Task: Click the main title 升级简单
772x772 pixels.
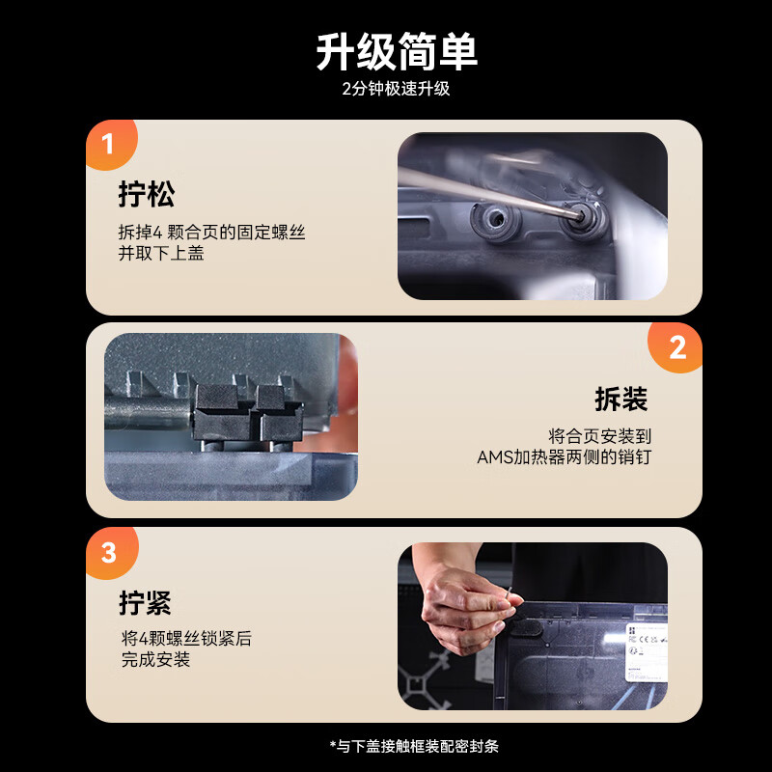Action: (397, 52)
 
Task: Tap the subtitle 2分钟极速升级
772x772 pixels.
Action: (396, 89)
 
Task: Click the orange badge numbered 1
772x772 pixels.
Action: (110, 144)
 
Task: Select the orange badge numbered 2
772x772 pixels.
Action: (676, 347)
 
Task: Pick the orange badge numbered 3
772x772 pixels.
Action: (111, 552)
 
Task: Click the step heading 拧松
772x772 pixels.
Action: (147, 194)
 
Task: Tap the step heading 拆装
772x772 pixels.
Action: (620, 399)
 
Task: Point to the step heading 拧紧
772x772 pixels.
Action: (146, 602)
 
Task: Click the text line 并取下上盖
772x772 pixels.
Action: (161, 253)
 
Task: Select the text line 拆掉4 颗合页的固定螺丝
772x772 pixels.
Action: (211, 232)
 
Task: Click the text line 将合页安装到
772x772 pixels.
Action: (599, 436)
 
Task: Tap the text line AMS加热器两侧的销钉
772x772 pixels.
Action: (565, 456)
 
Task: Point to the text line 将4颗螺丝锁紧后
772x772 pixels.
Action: (186, 639)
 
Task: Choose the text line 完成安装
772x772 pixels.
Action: (155, 659)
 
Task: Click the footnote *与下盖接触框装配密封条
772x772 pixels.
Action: (414, 746)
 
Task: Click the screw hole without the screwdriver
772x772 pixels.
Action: (496, 219)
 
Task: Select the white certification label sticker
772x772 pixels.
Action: (647, 652)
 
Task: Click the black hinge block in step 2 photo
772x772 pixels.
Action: (248, 413)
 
